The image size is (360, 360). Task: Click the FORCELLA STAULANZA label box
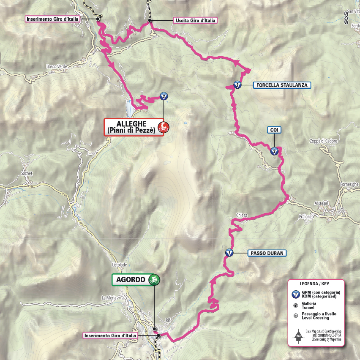(x=282, y=85)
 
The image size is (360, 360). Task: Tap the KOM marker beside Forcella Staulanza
(x=237, y=85)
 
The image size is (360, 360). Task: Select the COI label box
(x=274, y=130)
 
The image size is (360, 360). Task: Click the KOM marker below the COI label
(x=274, y=151)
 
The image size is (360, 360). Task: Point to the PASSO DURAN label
(x=267, y=253)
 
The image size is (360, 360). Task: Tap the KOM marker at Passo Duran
(x=229, y=253)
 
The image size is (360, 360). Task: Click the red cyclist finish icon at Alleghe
(x=163, y=126)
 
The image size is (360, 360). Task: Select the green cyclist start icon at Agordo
(x=155, y=280)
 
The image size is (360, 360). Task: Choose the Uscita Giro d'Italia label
(x=195, y=20)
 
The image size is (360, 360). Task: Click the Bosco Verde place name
(x=56, y=66)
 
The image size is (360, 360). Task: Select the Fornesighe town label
(x=349, y=185)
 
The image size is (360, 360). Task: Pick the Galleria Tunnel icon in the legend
(x=296, y=305)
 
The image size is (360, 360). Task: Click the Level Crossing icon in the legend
(x=296, y=315)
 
